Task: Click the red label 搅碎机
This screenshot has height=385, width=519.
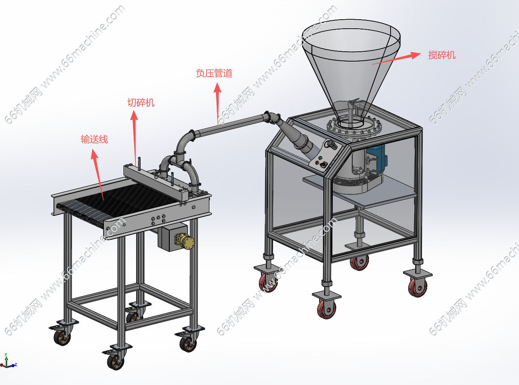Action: pos(442,55)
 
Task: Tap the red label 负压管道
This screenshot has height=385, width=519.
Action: pos(214,73)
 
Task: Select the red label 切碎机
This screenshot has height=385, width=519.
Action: pos(141,102)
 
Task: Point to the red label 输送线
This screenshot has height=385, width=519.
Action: pos(94,139)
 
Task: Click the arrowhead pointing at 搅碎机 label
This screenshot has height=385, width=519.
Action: pos(416,55)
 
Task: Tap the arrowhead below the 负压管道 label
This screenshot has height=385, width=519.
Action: pos(217,88)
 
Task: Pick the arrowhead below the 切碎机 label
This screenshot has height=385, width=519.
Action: pos(134,115)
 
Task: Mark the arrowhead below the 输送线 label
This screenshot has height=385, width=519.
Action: pos(94,154)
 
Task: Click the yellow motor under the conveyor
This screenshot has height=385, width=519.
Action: pos(184,241)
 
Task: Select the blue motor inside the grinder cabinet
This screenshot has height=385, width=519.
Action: pos(376,159)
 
